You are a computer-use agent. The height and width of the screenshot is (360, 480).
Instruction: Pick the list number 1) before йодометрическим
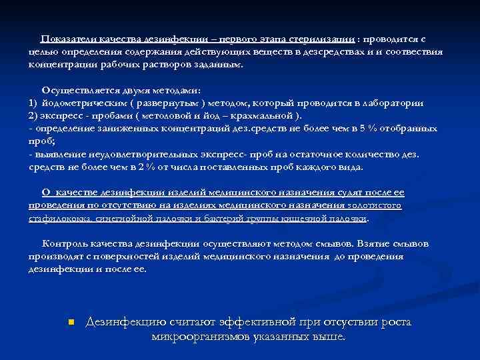pos(33,103)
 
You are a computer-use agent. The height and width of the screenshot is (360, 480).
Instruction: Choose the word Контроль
pos(63,243)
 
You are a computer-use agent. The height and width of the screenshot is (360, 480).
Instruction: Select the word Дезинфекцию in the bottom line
pos(125,322)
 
